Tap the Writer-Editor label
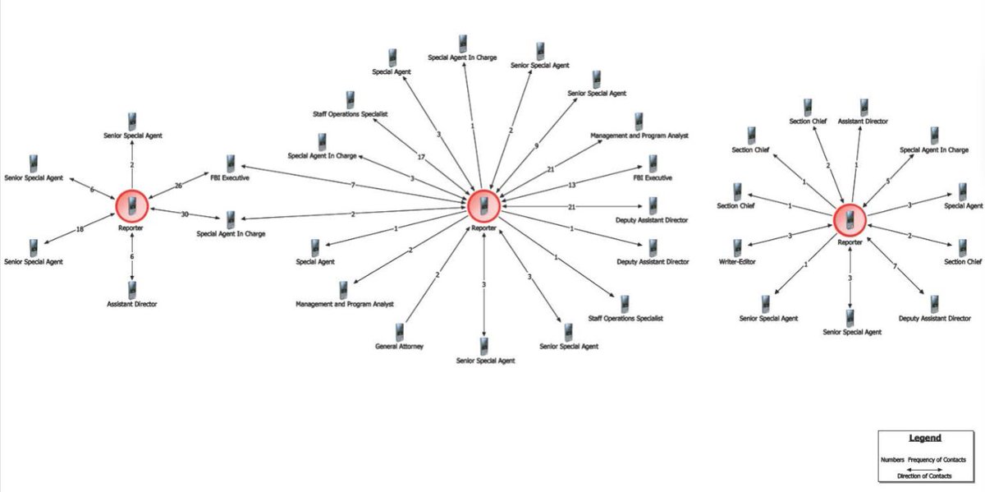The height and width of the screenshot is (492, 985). [x=737, y=261]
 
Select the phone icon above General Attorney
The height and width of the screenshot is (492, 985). [x=400, y=331]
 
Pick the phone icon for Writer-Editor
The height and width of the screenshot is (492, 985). [x=738, y=246]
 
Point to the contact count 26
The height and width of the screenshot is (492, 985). [x=179, y=185]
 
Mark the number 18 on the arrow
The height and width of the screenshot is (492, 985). [x=80, y=229]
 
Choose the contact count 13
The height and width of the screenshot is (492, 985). [x=572, y=185]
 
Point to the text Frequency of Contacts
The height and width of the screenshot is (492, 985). [x=936, y=459]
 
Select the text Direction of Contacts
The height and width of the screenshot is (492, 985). [x=924, y=476]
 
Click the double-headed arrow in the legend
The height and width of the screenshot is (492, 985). [x=924, y=468]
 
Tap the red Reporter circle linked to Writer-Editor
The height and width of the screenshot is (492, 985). [x=850, y=219]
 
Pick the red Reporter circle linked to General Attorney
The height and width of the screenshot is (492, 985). [x=484, y=205]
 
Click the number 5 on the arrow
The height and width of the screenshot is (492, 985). [x=887, y=182]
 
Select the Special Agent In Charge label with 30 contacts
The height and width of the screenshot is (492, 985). [x=231, y=234]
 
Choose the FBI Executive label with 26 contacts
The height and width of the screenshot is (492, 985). [x=230, y=177]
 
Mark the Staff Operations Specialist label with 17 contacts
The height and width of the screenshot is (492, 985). [x=350, y=115]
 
